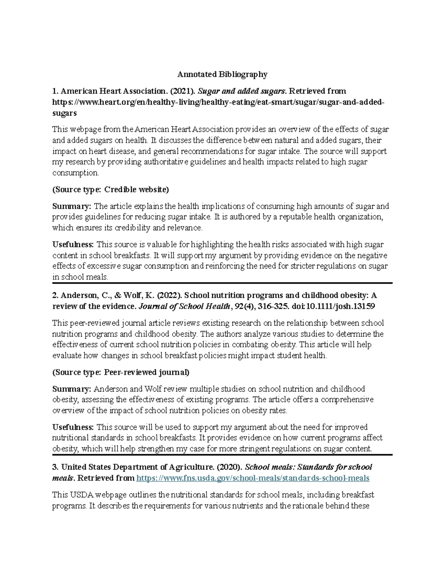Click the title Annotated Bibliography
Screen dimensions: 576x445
click(x=222, y=75)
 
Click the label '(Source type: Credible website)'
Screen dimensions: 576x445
click(x=111, y=190)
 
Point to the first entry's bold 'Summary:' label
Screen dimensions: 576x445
click(x=72, y=206)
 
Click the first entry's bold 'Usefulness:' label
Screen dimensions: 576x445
click(x=73, y=244)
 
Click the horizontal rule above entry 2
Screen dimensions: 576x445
click(x=222, y=283)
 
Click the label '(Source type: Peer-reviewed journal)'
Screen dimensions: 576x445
click(x=121, y=372)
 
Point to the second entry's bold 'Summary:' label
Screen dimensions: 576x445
click(x=72, y=389)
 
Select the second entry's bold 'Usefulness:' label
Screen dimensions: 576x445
click(x=73, y=427)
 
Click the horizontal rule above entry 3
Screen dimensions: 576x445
click(x=222, y=455)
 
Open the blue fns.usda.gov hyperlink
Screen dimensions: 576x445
click(x=253, y=478)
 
